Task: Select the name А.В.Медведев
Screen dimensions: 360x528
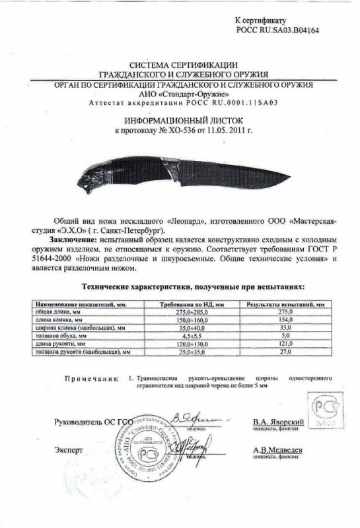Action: [265, 449]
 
